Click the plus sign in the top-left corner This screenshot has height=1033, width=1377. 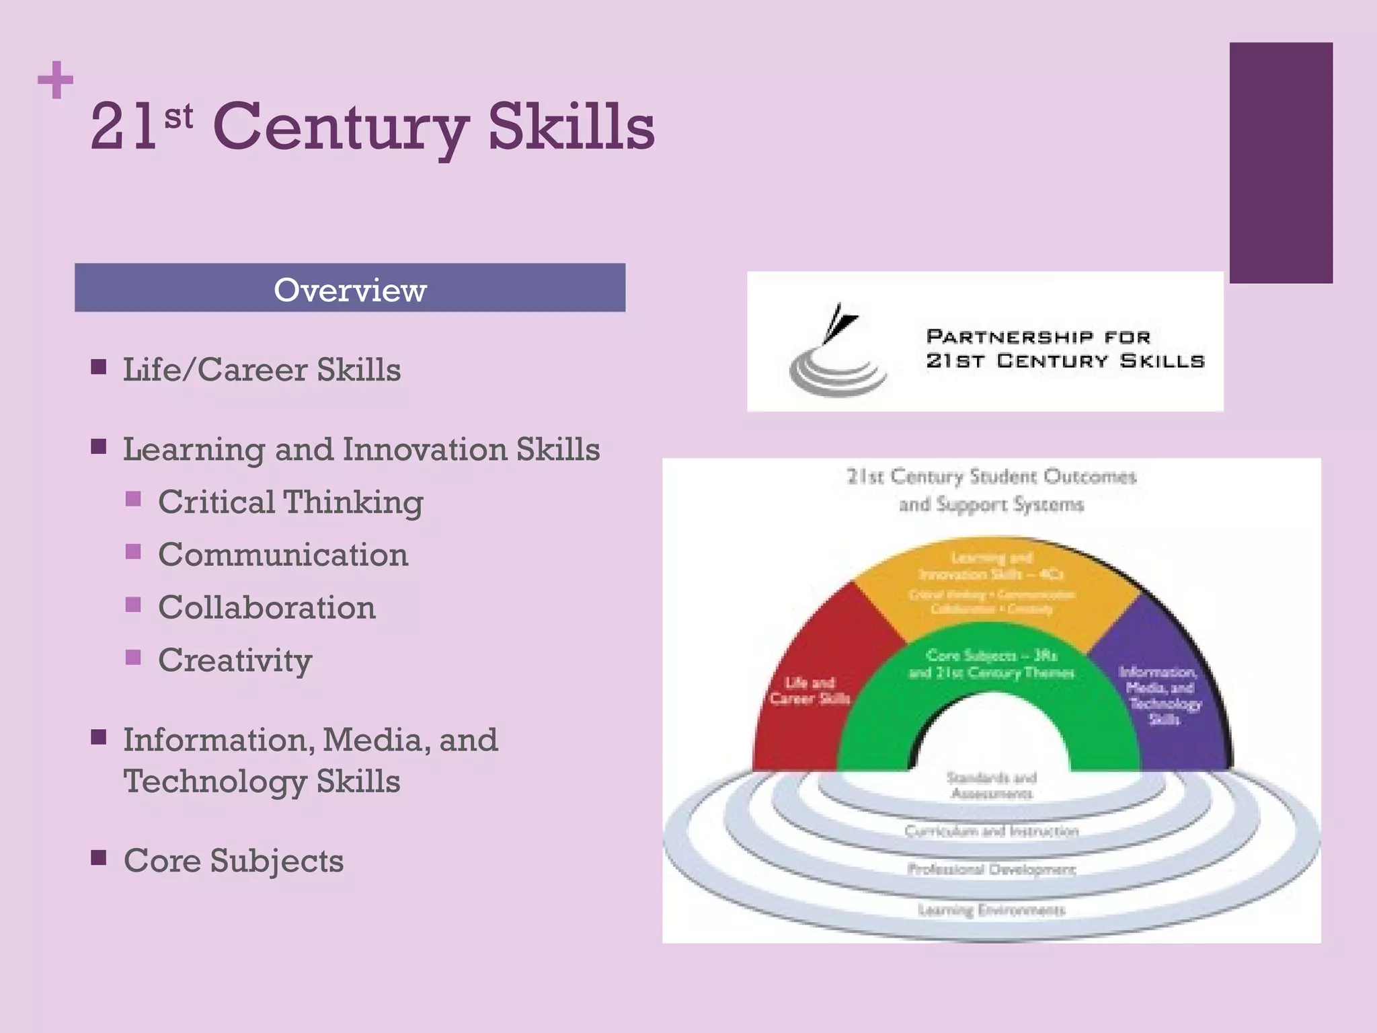[x=55, y=80]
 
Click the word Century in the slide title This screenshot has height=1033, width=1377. [x=341, y=126]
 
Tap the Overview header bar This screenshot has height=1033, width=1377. [x=350, y=288]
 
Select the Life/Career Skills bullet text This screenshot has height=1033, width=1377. [x=262, y=370]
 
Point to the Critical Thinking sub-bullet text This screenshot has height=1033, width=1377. [x=290, y=502]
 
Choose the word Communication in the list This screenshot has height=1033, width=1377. [x=283, y=555]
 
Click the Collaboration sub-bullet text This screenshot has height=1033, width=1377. [x=267, y=607]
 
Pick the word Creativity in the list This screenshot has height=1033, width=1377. [x=235, y=660]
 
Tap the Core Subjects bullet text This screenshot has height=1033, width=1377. [x=233, y=860]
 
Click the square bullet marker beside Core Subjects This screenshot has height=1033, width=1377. [x=99, y=857]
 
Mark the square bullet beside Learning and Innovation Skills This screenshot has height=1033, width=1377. [x=99, y=447]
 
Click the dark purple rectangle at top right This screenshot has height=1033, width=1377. [x=1281, y=162]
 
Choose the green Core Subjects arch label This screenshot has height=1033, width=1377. [x=991, y=664]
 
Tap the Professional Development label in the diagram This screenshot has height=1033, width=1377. [x=991, y=870]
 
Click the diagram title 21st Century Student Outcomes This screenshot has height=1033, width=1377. [x=991, y=477]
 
